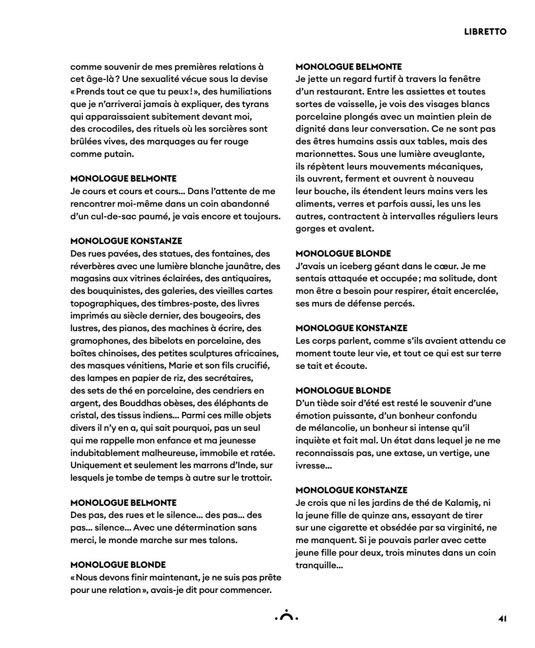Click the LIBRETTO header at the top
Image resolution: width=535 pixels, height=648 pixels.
[485, 32]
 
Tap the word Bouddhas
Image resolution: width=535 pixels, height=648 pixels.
[126, 403]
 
